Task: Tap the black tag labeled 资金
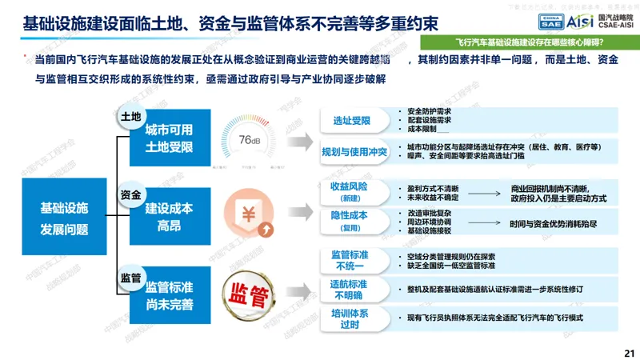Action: (x=130, y=195)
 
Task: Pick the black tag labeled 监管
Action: (x=130, y=278)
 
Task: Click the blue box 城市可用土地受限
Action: (x=169, y=138)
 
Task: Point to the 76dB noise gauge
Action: (x=246, y=140)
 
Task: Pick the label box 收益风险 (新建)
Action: (x=349, y=191)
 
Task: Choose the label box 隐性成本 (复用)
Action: (x=349, y=220)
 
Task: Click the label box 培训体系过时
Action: (x=349, y=320)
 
